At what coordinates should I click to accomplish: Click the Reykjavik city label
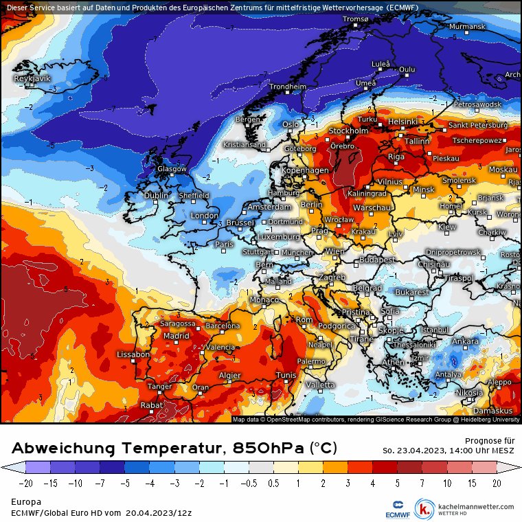32,79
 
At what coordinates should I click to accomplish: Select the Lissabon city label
133,354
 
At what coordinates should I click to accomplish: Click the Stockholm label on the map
348,130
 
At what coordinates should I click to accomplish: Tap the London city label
204,216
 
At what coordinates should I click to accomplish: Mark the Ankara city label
465,341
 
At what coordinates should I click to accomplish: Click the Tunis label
285,375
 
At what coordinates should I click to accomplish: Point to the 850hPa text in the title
269,449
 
